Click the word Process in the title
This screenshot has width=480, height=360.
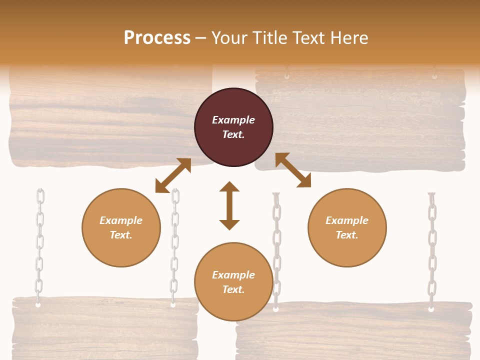tap(157, 38)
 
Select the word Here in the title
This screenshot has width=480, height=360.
tap(349, 38)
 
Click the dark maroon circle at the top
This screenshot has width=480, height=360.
tap(233, 127)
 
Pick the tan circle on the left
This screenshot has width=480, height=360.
tap(121, 227)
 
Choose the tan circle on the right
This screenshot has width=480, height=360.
tap(347, 227)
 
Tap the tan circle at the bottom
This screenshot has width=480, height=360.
tap(233, 282)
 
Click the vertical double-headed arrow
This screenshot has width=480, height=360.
tap(229, 205)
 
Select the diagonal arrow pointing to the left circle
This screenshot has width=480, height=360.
tap(173, 175)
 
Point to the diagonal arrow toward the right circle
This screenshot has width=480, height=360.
tap(293, 170)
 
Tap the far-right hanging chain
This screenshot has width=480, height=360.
tap(432, 250)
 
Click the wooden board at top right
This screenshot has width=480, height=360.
tap(360, 120)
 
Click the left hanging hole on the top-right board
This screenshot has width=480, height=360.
tap(287, 76)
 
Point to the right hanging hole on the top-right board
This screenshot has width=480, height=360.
tap(434, 76)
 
